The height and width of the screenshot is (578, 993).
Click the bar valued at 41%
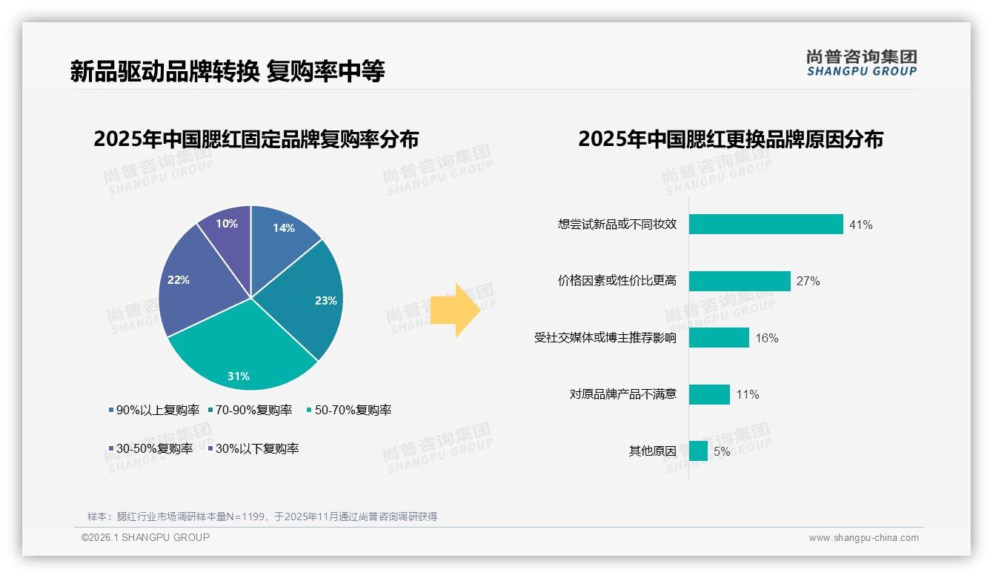coord(765,225)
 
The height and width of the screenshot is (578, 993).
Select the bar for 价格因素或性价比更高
coord(740,281)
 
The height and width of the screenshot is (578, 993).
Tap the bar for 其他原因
coord(698,451)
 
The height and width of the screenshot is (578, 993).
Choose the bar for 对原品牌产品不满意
coord(709,394)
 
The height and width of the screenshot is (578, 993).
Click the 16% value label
coord(766,338)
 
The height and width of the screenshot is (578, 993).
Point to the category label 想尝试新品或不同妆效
coord(617,225)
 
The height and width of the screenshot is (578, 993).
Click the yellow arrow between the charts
coord(455,308)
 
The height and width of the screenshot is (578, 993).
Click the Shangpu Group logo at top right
coord(862,63)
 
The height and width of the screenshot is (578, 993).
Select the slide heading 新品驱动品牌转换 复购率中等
coord(228,71)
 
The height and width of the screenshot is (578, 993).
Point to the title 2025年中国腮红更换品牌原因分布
coord(731,139)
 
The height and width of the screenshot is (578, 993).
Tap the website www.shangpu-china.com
coord(863,537)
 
